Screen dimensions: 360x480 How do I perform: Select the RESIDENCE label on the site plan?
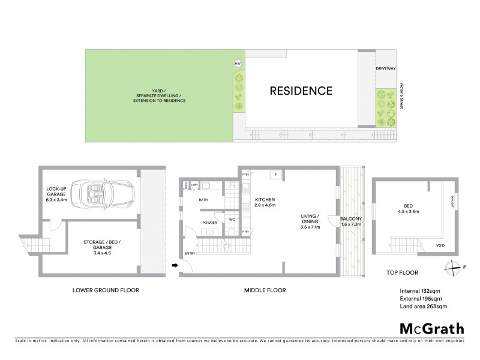pos(301,91)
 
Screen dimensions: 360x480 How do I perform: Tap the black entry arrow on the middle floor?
pos(175,265)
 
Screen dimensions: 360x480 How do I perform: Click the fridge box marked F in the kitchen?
pos(275,175)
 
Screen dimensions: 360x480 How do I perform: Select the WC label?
pos(231,219)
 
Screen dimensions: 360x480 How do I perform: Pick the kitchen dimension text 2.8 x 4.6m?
pos(265,206)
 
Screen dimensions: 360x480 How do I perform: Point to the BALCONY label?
pos(350,219)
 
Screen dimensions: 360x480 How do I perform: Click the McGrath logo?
pos(431,328)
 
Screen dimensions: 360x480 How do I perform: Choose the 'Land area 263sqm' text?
pos(423,307)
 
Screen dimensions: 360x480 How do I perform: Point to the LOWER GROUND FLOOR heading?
pos(106,290)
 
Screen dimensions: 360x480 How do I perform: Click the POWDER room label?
pos(210,222)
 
